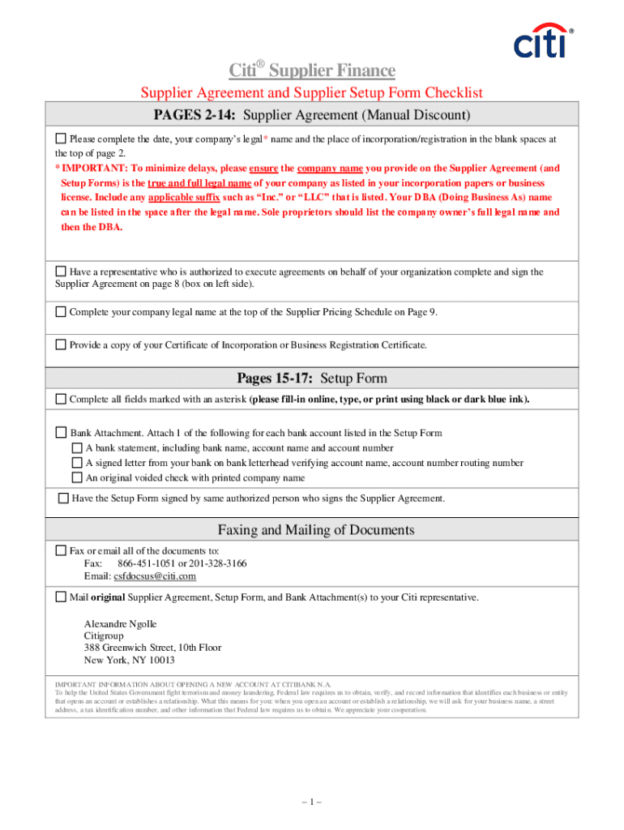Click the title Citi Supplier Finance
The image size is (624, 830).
coord(311,71)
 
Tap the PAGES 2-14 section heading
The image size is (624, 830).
coord(311,116)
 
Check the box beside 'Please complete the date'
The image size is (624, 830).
coord(61,139)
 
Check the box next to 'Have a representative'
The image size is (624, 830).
coord(61,272)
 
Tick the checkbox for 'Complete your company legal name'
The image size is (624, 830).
coord(61,311)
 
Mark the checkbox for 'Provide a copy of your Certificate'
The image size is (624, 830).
coord(61,344)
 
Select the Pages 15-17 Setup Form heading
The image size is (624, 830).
coord(311,378)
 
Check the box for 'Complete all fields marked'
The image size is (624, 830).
coord(61,399)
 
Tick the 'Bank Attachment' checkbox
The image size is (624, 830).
coord(61,433)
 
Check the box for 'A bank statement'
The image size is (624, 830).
coord(77,448)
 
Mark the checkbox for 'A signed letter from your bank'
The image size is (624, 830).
coord(77,464)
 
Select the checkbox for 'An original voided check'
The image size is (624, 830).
coord(77,478)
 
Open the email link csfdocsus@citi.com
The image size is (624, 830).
coord(152,576)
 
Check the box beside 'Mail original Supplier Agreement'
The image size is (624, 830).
coord(61,597)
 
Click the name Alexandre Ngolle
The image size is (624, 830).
coord(121,623)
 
